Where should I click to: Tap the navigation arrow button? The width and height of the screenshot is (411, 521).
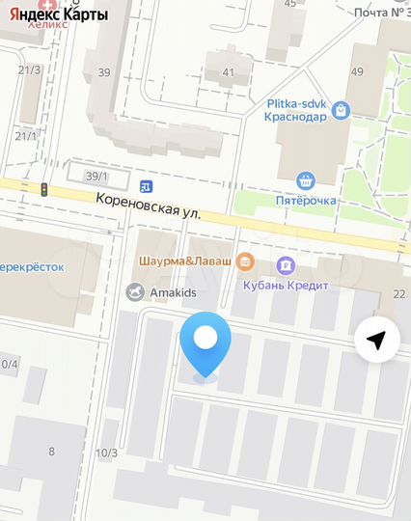click(377, 340)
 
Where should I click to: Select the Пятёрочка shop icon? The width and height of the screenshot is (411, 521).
click(306, 180)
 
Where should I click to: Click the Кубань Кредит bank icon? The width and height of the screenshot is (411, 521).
click(285, 265)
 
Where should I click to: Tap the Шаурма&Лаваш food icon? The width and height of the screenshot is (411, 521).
click(244, 260)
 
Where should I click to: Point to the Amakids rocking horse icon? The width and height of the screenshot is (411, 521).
click(134, 291)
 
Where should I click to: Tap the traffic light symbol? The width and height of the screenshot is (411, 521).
click(42, 190)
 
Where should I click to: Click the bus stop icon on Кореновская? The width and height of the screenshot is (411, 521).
click(145, 186)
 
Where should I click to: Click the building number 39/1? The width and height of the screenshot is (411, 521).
click(95, 177)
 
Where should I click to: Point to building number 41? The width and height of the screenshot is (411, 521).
click(228, 72)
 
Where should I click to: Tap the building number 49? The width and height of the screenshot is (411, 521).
click(357, 72)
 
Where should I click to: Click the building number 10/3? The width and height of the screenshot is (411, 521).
click(106, 452)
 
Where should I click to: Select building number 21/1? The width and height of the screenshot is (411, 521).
click(25, 136)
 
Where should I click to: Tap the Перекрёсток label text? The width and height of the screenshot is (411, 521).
click(32, 267)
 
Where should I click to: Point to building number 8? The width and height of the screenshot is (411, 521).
click(51, 451)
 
